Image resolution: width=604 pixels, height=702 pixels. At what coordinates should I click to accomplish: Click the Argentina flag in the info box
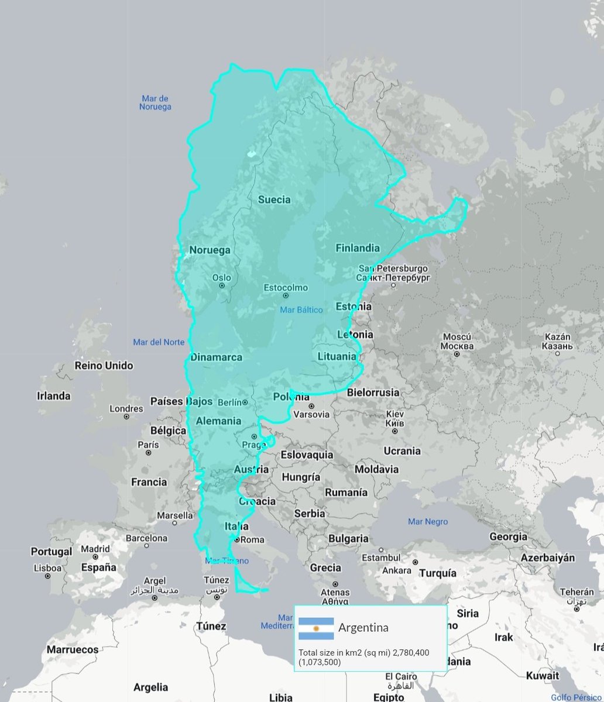tap(316, 628)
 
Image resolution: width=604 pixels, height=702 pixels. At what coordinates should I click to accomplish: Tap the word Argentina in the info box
tap(363, 628)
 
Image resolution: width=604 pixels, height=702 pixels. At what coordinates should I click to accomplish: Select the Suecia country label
tap(274, 199)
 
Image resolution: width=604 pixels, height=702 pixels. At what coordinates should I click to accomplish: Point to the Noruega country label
tap(210, 250)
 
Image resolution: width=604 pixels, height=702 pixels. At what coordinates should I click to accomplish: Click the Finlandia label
tap(357, 248)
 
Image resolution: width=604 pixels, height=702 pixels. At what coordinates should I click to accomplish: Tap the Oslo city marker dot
tap(222, 286)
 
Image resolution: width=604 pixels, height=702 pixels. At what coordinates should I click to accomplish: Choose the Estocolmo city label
tap(286, 288)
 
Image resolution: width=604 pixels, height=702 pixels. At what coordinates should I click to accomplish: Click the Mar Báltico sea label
tap(301, 310)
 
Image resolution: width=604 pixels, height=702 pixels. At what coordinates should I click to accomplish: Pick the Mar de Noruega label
tap(155, 103)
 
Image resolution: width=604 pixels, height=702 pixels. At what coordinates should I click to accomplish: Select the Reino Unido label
tap(104, 366)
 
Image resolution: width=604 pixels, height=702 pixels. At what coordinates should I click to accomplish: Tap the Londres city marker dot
tap(126, 417)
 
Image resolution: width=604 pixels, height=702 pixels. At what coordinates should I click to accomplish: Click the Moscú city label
tap(457, 337)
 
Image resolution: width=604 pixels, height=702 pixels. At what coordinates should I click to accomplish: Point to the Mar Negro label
tap(428, 522)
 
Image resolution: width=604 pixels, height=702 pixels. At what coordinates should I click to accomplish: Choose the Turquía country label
tap(437, 573)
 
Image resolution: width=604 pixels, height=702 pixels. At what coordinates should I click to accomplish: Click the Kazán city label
tap(557, 337)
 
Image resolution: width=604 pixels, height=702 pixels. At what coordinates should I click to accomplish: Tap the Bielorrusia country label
tap(373, 393)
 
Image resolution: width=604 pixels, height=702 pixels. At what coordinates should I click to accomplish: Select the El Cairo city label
tap(401, 677)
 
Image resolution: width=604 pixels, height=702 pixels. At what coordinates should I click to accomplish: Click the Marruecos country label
tap(73, 649)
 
